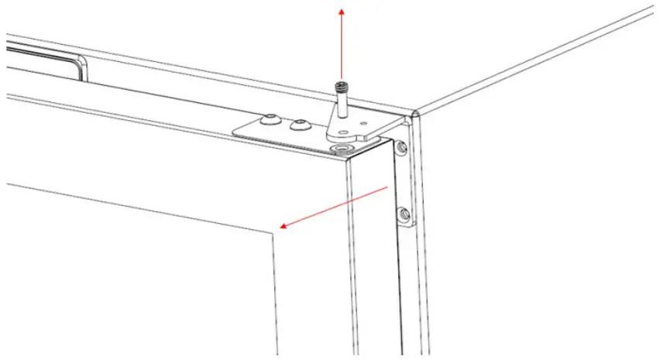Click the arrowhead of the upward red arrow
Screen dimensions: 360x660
tap(340, 9)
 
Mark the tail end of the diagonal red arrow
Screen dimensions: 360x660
tap(387, 187)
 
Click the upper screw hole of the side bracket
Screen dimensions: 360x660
tap(400, 146)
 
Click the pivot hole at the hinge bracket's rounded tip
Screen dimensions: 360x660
tap(342, 131)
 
